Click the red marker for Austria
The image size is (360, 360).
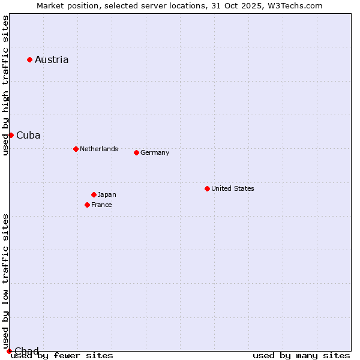click(29, 59)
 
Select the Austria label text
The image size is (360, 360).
click(52, 59)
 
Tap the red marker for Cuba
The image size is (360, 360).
click(11, 135)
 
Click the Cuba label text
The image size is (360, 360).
click(28, 135)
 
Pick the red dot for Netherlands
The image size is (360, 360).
click(76, 149)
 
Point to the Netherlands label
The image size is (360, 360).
click(99, 149)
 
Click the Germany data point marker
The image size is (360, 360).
click(136, 152)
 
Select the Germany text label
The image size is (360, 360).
click(155, 152)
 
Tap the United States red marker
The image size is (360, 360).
click(207, 188)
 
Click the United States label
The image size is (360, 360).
click(233, 188)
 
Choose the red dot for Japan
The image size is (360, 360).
click(94, 194)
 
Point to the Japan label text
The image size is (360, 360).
click(107, 194)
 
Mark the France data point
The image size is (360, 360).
click(87, 205)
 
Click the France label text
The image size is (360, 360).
click(101, 205)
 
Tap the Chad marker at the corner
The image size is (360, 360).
click(9, 351)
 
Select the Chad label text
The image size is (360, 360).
click(26, 351)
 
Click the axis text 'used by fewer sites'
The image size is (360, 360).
click(62, 356)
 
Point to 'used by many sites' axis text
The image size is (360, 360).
click(301, 356)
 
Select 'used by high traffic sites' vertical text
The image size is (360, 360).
click(5, 86)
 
